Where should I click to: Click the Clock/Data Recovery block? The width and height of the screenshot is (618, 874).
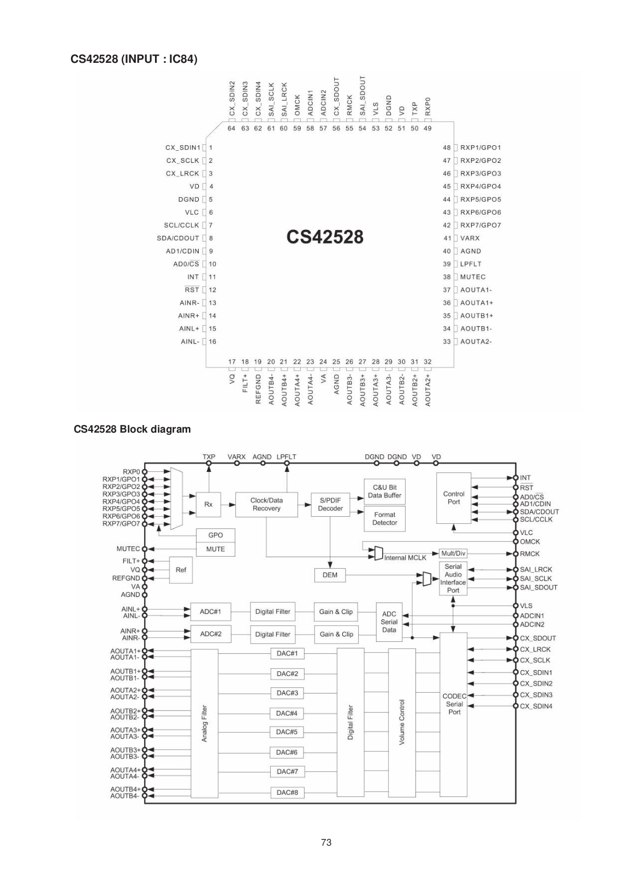point(266,505)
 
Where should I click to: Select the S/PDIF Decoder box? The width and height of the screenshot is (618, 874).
point(330,505)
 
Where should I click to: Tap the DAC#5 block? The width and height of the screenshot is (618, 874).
point(287,732)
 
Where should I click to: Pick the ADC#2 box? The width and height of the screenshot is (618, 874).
point(211,634)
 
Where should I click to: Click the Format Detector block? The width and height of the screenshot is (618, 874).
point(384,519)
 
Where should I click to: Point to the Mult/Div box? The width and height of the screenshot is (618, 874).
point(453,553)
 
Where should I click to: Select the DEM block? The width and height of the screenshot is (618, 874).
point(330,575)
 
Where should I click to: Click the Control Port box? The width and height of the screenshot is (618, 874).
point(454,498)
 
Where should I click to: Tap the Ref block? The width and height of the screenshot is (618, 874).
point(181,570)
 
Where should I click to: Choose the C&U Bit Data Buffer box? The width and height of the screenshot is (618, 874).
point(384,491)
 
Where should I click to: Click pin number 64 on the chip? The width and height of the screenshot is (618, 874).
point(231,128)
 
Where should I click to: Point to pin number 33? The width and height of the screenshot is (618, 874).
point(447,342)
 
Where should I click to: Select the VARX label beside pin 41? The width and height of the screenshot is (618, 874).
point(470,238)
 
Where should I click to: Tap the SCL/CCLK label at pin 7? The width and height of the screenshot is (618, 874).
point(181,225)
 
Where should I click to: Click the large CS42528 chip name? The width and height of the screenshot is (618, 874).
point(325,237)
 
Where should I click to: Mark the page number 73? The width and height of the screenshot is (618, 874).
point(326,842)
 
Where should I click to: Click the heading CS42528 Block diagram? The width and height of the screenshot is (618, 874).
point(132,429)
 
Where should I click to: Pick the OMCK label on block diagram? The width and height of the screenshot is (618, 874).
point(530,541)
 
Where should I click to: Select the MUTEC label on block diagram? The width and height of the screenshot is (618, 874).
point(128,548)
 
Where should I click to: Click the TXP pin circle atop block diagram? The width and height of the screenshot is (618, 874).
point(209,463)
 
